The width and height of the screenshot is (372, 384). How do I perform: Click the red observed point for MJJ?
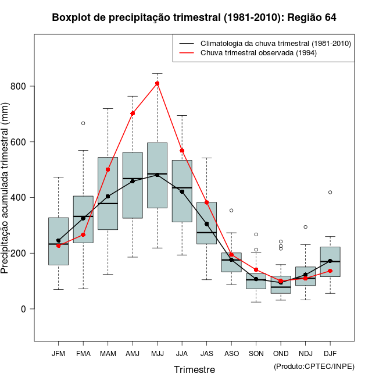click(x=157, y=83)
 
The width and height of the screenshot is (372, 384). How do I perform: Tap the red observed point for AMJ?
click(x=133, y=113)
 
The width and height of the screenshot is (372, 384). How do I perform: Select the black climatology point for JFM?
click(x=58, y=240)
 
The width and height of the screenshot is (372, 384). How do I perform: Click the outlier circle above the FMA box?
click(x=83, y=123)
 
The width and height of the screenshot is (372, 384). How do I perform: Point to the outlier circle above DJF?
click(x=330, y=192)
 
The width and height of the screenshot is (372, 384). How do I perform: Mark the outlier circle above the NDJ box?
click(x=305, y=227)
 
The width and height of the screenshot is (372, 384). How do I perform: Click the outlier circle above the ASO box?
click(x=231, y=210)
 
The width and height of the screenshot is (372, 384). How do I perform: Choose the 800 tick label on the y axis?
click(x=19, y=86)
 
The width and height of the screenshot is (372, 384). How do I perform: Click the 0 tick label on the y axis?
click(x=24, y=309)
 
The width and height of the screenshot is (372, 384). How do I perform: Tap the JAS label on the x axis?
click(x=206, y=354)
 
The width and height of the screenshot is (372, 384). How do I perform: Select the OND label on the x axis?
click(x=281, y=354)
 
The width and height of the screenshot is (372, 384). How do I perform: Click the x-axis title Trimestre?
click(x=194, y=369)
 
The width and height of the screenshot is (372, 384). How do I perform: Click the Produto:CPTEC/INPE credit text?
click(x=314, y=366)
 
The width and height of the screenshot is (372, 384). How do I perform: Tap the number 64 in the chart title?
click(x=330, y=17)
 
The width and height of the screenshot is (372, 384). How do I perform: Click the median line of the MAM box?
click(x=108, y=204)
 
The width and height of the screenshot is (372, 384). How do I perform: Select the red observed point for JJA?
click(x=182, y=151)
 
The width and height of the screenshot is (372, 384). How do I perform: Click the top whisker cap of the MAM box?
click(x=108, y=108)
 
